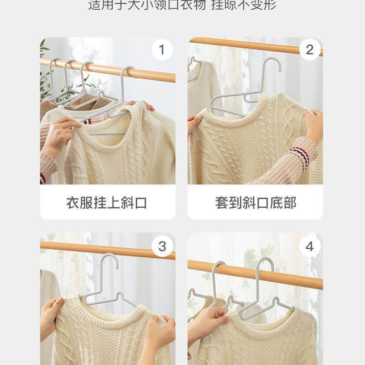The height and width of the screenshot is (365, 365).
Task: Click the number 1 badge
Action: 162,50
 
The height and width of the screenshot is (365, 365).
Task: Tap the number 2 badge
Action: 310,50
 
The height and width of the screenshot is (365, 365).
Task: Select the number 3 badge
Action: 162,247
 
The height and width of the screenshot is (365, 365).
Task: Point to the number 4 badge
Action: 310,247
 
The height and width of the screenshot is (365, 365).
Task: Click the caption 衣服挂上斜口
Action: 107,202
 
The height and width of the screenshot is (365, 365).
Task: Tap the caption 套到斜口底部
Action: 255,202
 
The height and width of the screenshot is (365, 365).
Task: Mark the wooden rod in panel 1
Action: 146,74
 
